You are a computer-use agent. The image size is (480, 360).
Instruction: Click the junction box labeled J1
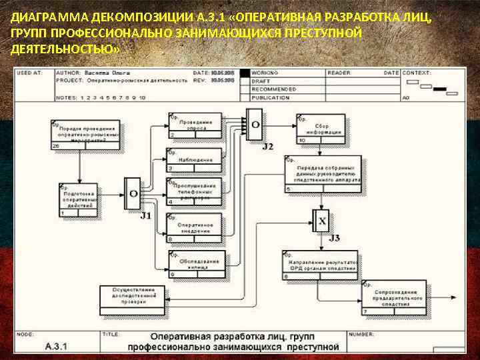133,194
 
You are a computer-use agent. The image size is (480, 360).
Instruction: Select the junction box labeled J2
254,125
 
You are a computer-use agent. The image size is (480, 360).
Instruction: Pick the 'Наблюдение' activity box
195,160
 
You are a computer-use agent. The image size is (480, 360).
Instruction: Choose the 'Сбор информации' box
321,129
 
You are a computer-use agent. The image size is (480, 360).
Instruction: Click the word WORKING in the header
265,73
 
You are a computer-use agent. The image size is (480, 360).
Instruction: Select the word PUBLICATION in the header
271,97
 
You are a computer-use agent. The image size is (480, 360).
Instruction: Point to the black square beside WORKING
245,73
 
